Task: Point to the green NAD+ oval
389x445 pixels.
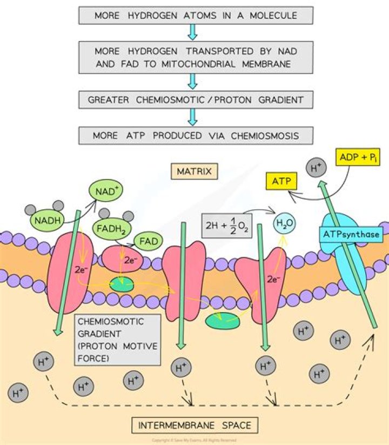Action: click(x=106, y=191)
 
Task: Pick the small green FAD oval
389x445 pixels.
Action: click(x=148, y=240)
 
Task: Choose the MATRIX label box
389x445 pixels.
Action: click(x=194, y=172)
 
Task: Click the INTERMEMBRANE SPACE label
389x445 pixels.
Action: click(x=194, y=425)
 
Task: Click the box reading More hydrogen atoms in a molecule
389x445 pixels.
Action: click(x=195, y=15)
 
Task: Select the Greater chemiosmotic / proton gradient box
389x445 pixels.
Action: click(x=195, y=99)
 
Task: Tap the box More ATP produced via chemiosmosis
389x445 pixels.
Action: click(x=195, y=135)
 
